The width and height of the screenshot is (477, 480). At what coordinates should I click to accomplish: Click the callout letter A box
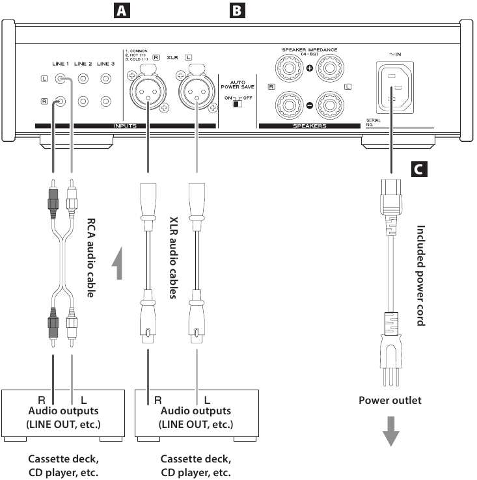click(120, 10)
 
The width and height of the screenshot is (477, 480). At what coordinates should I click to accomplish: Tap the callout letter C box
click(421, 170)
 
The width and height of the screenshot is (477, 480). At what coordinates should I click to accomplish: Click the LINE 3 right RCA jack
click(105, 101)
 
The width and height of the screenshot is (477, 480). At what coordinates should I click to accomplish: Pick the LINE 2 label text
click(83, 64)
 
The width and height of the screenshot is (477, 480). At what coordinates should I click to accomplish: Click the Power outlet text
click(390, 400)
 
